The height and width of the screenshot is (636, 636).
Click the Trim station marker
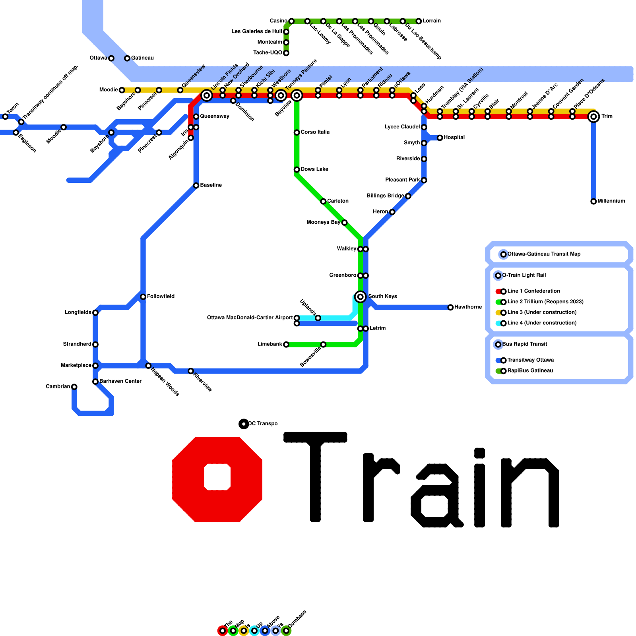(593, 116)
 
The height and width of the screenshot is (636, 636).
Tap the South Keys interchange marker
(361, 297)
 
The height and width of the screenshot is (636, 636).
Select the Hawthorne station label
(468, 307)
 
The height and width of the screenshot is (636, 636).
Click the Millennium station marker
(593, 202)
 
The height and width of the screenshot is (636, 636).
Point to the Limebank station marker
(286, 344)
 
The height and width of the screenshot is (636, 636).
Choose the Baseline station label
(211, 185)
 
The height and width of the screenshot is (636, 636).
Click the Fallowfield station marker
(143, 297)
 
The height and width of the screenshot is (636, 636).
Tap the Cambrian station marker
(74, 387)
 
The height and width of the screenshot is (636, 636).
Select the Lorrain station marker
(419, 21)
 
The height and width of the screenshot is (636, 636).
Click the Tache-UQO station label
(268, 53)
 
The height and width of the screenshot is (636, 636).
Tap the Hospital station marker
(440, 138)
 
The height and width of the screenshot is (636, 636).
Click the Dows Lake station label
(314, 169)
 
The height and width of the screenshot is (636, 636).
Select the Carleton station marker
(323, 202)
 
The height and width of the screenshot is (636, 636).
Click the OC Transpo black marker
(244, 424)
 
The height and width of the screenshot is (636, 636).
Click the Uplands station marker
(318, 318)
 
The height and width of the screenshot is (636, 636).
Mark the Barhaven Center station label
(120, 381)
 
